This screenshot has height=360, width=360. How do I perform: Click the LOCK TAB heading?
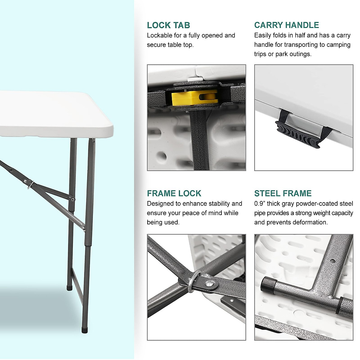point(168,25)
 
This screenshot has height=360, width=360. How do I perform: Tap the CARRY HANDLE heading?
point(286,25)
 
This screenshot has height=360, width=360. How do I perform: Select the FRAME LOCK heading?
point(174,193)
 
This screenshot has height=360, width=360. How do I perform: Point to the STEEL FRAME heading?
point(283,193)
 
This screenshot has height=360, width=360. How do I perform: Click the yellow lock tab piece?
point(194,97)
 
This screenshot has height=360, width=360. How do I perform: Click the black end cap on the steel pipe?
point(268,285)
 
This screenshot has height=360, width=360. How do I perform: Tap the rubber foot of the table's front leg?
point(85,330)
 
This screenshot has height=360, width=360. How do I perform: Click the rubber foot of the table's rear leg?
point(69,287)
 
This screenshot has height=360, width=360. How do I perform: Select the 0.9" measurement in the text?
point(259,204)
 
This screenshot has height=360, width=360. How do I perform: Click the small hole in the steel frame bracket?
point(332,260)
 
